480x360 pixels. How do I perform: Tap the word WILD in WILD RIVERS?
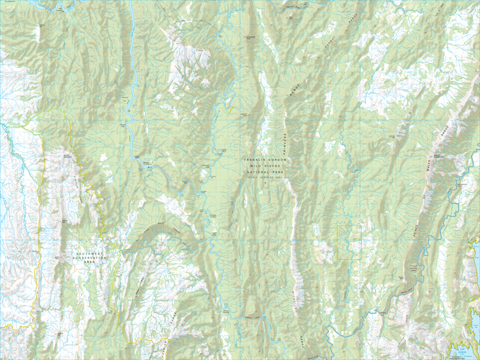256,166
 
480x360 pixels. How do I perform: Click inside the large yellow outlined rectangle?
350,242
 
